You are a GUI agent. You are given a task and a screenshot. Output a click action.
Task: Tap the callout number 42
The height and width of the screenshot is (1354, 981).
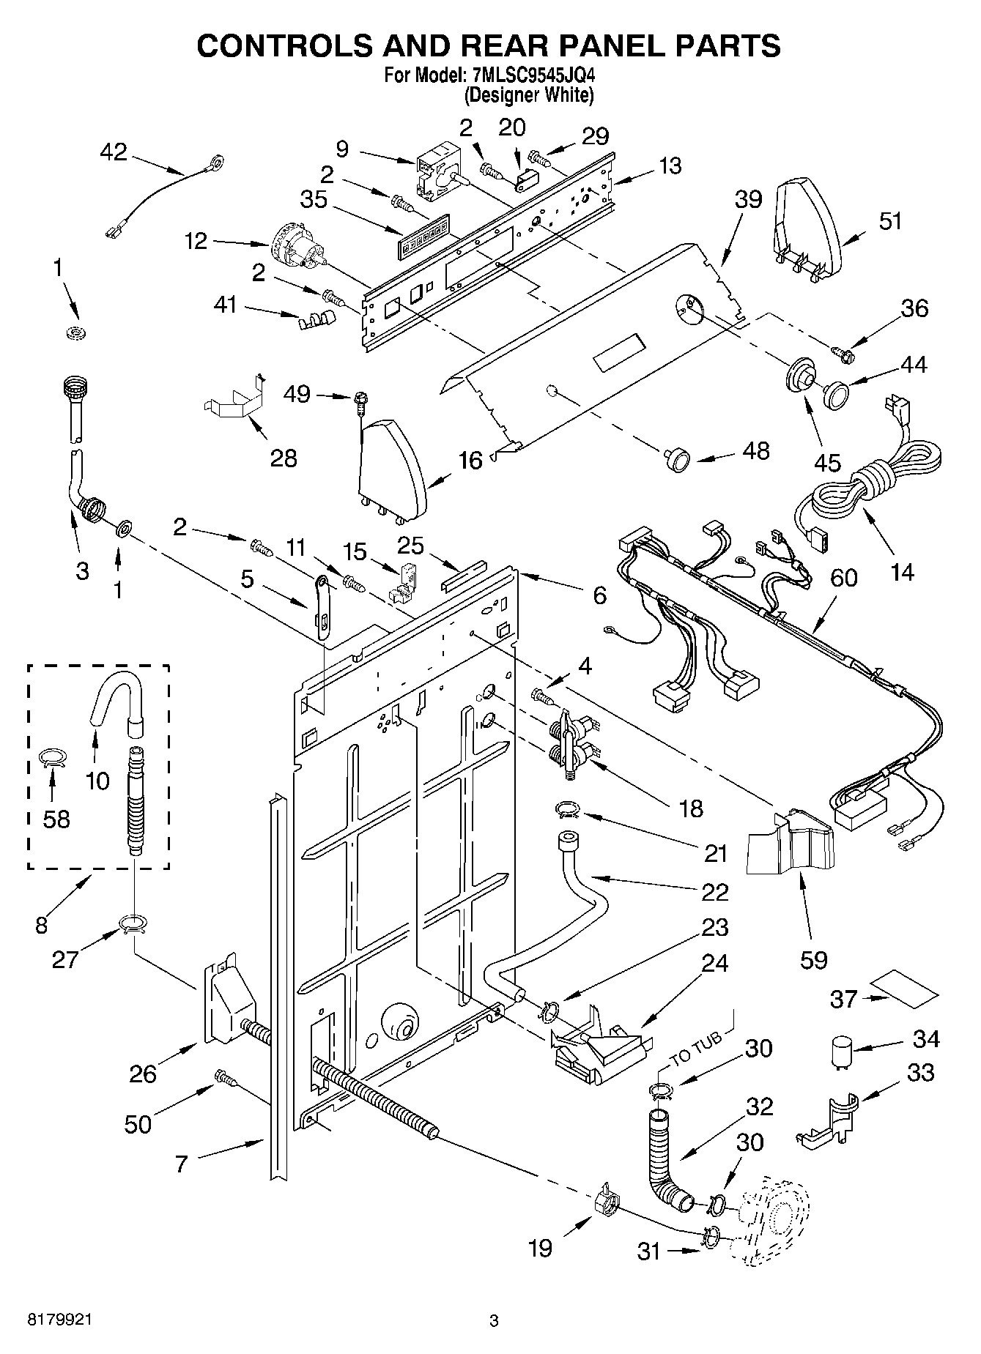coord(114,152)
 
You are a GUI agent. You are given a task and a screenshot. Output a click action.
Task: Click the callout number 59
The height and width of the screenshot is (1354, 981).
coord(814,959)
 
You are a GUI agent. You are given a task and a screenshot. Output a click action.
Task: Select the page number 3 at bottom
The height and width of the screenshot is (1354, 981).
coord(494,1321)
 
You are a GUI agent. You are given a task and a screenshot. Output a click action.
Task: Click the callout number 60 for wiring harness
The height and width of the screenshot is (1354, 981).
coord(844,578)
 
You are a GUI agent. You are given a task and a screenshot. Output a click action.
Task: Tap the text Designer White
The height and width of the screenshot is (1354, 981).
coord(530,95)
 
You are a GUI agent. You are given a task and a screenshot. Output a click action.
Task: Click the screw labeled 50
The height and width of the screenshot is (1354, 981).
coord(223,1076)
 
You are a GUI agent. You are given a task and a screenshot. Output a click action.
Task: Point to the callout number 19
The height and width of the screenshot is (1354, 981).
coord(541,1248)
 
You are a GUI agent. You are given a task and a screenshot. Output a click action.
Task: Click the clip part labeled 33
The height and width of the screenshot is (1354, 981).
coord(828,1121)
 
